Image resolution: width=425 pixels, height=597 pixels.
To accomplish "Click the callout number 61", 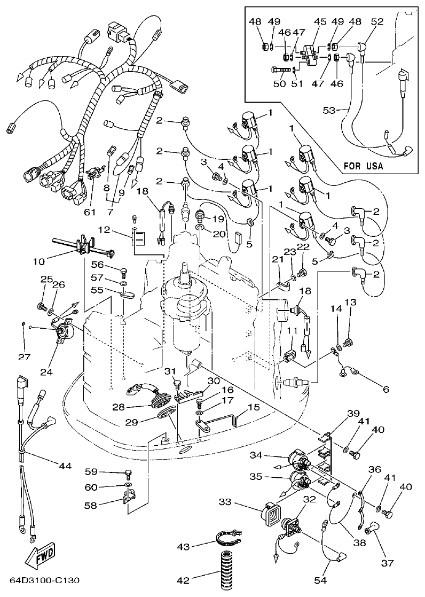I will [x=89, y=212].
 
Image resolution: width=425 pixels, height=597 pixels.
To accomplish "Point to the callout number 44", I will [x=65, y=466].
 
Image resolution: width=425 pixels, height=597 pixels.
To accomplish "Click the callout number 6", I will [x=385, y=389].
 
